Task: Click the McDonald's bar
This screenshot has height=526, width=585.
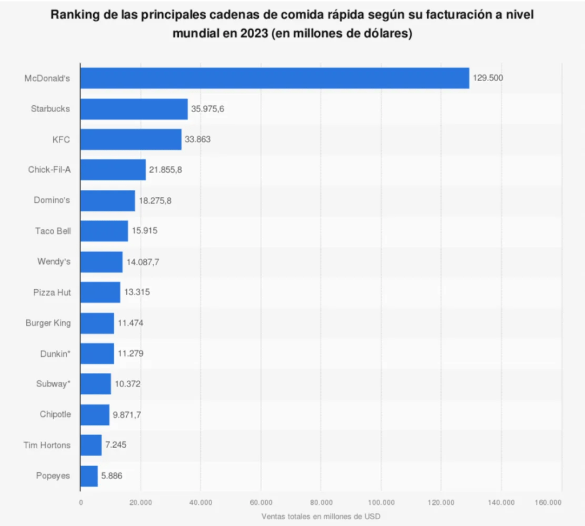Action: coord(274,78)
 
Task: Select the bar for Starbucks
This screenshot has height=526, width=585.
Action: coord(134,109)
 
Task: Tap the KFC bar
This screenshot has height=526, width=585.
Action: coord(131,139)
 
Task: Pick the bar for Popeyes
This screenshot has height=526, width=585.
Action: coord(89,476)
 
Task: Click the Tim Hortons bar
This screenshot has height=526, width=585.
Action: coord(91,445)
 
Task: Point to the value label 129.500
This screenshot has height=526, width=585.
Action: coord(488,78)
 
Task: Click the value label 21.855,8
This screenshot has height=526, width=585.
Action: coord(166,170)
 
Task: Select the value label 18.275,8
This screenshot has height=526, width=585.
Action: coord(155,201)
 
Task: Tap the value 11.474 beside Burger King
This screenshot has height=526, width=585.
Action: coord(130,323)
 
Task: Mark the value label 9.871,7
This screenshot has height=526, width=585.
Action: coord(126,415)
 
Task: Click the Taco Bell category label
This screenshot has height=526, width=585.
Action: coord(53,231)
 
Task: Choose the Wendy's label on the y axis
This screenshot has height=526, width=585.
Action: coord(54,262)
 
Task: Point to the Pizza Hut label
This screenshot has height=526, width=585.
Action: coord(52,292)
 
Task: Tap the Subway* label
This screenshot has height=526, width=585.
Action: coord(53,384)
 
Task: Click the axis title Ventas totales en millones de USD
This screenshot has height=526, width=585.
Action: coord(320,516)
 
